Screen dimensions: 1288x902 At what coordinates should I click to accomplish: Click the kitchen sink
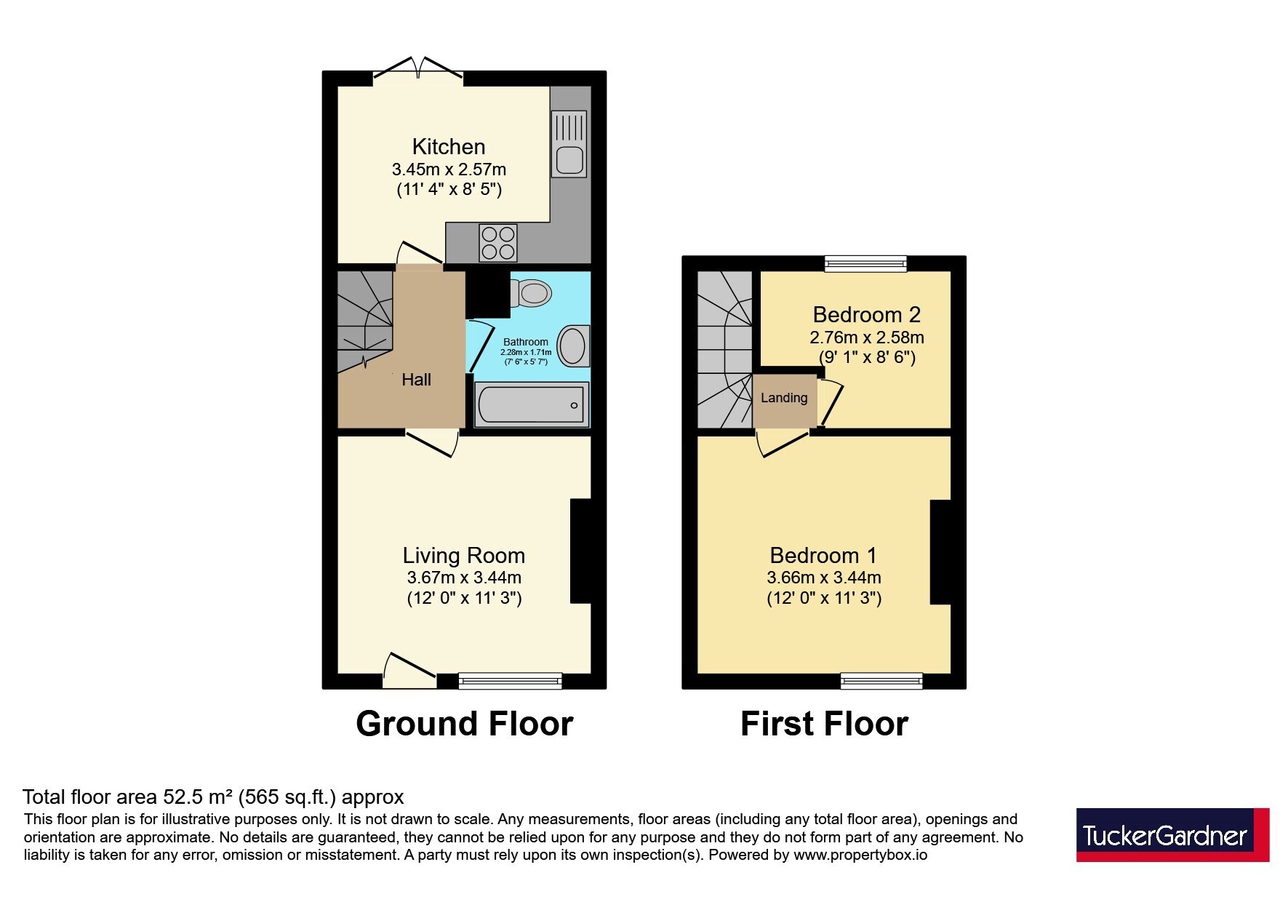[569, 144]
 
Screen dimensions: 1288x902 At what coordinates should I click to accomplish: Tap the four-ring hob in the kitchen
[498, 243]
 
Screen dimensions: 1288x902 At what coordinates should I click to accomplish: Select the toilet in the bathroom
[530, 293]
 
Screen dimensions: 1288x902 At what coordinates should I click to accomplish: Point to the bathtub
[532, 404]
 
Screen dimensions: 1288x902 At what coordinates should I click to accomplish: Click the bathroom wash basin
[574, 346]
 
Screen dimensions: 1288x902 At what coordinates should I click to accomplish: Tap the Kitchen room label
[449, 146]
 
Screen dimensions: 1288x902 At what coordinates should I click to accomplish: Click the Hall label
[416, 379]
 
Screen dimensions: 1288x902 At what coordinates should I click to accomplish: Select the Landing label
[784, 398]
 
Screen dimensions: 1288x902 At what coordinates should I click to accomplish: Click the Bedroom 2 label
[867, 314]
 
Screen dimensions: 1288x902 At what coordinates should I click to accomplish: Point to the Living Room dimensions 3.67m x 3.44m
[464, 578]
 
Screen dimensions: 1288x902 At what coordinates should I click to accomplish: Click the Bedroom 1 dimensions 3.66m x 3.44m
[824, 578]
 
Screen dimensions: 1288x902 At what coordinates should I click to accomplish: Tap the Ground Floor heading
[465, 724]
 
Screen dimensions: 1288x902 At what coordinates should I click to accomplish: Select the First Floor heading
[824, 724]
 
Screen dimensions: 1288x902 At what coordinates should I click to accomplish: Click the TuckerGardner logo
[1172, 834]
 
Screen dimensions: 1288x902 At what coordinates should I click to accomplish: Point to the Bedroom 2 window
[865, 263]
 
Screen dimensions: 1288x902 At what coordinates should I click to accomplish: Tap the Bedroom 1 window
[881, 681]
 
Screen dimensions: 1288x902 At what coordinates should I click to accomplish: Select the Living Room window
[511, 681]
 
